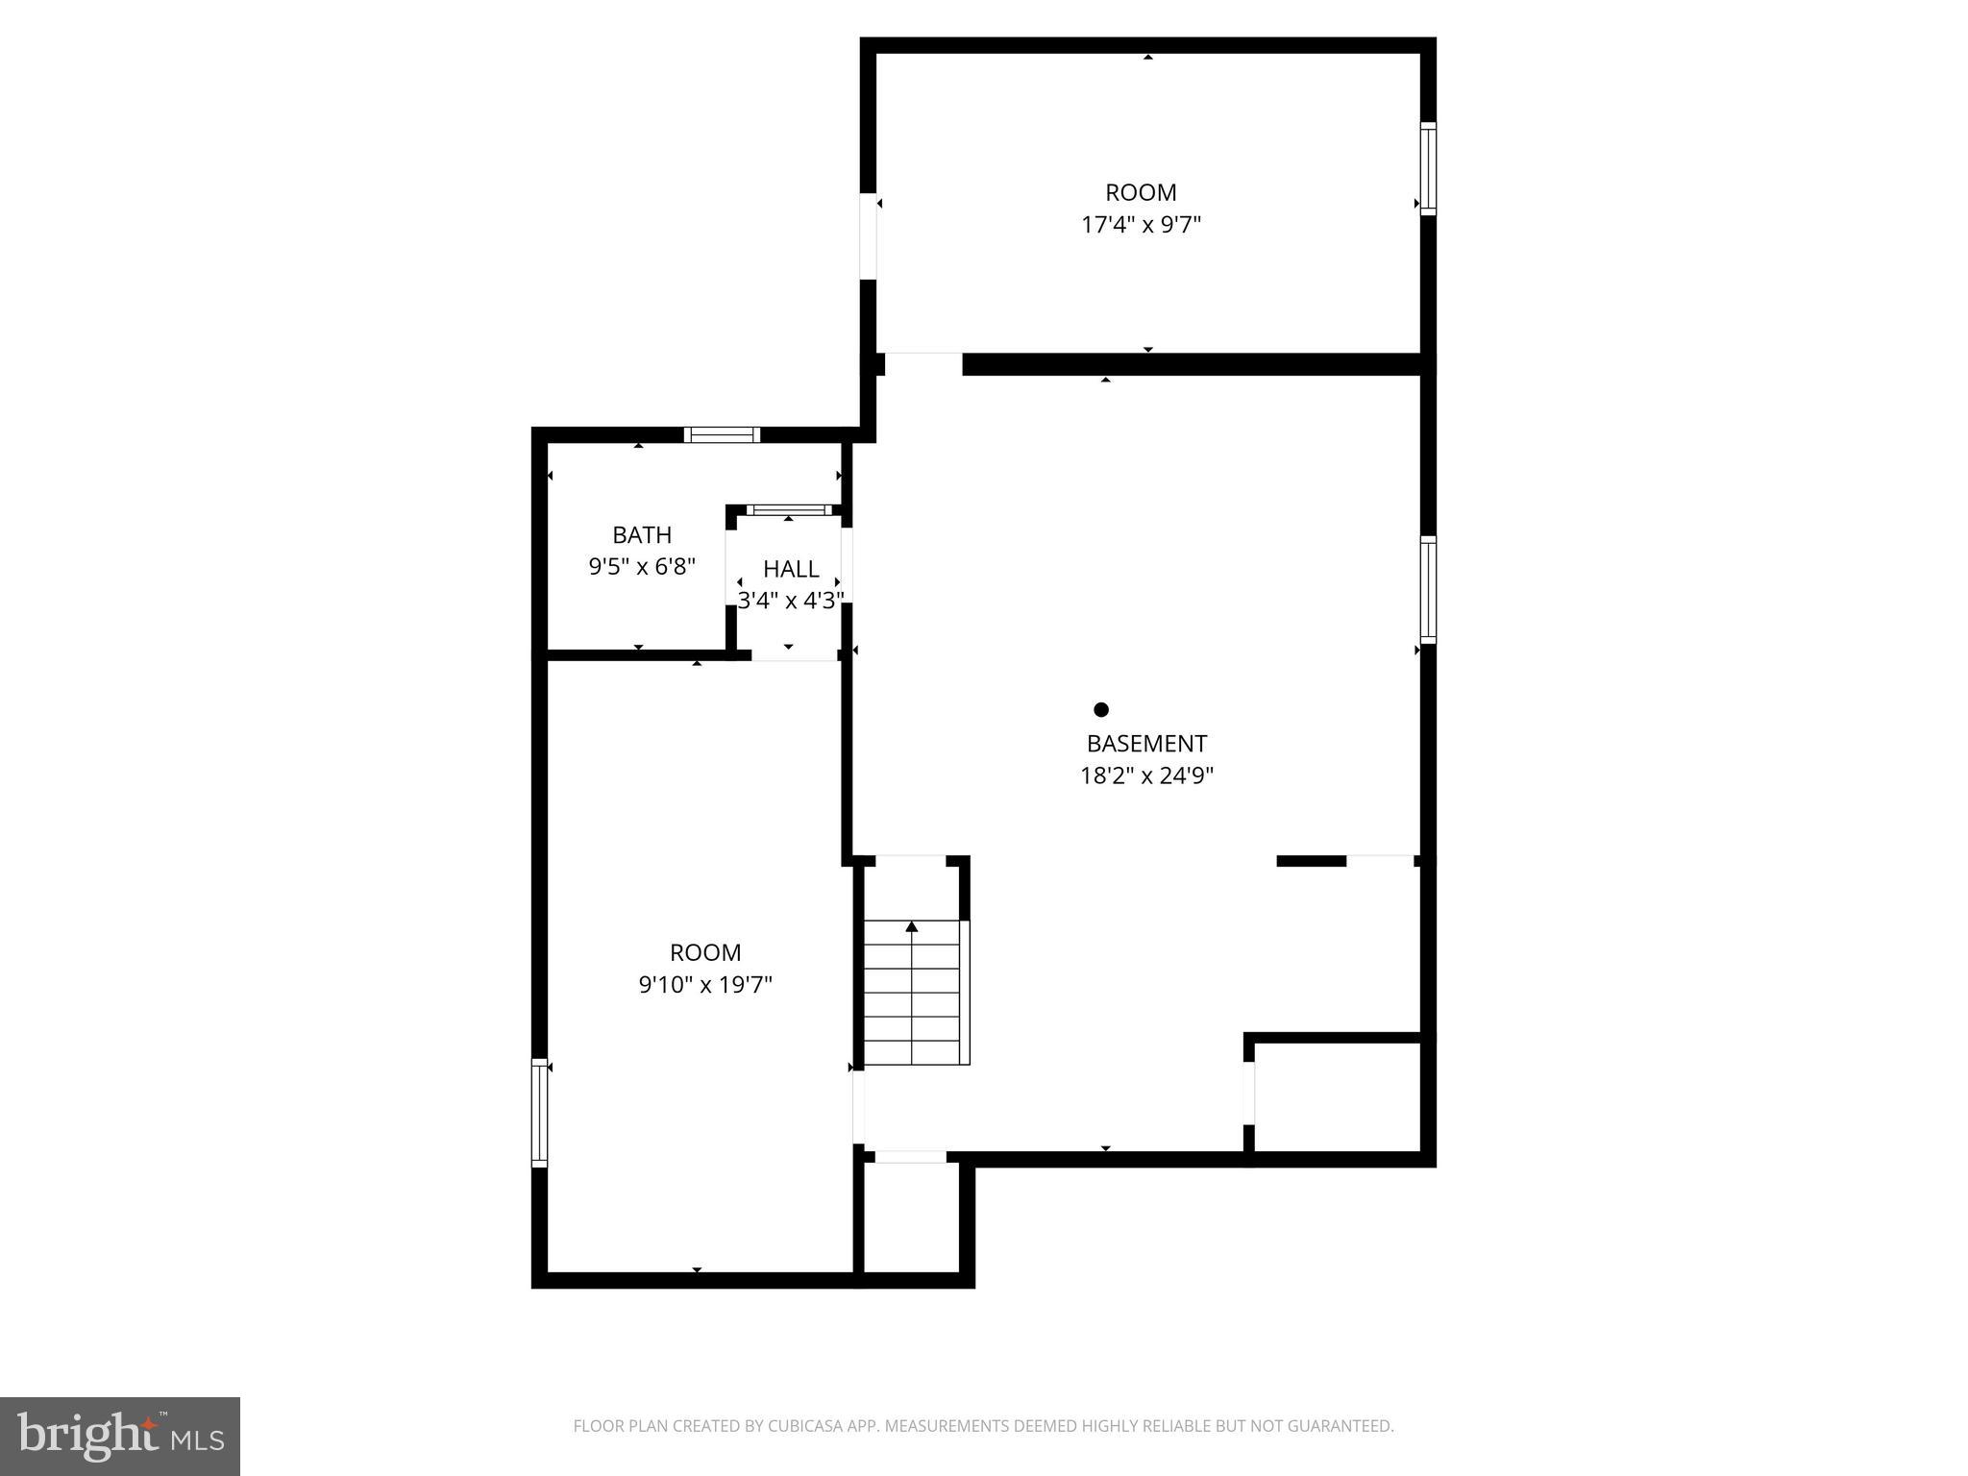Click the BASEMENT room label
pyautogui.click(x=1146, y=743)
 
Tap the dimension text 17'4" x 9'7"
pyautogui.click(x=1141, y=225)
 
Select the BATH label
pyautogui.click(x=642, y=534)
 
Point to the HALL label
pyautogui.click(x=791, y=569)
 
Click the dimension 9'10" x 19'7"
pyautogui.click(x=705, y=985)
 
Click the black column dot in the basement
pyautogui.click(x=1101, y=709)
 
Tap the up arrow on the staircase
pyautogui.click(x=912, y=927)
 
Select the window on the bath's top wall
pyautogui.click(x=722, y=434)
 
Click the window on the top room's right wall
pyautogui.click(x=1428, y=169)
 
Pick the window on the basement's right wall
pyautogui.click(x=1428, y=589)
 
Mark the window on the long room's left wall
pyautogui.click(x=540, y=1113)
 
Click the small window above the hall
pyautogui.click(x=790, y=509)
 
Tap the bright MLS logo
pyautogui.click(x=120, y=1437)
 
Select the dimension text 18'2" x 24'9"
pyautogui.click(x=1146, y=775)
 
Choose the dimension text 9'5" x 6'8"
pyautogui.click(x=642, y=567)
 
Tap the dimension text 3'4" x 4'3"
pyautogui.click(x=791, y=601)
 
